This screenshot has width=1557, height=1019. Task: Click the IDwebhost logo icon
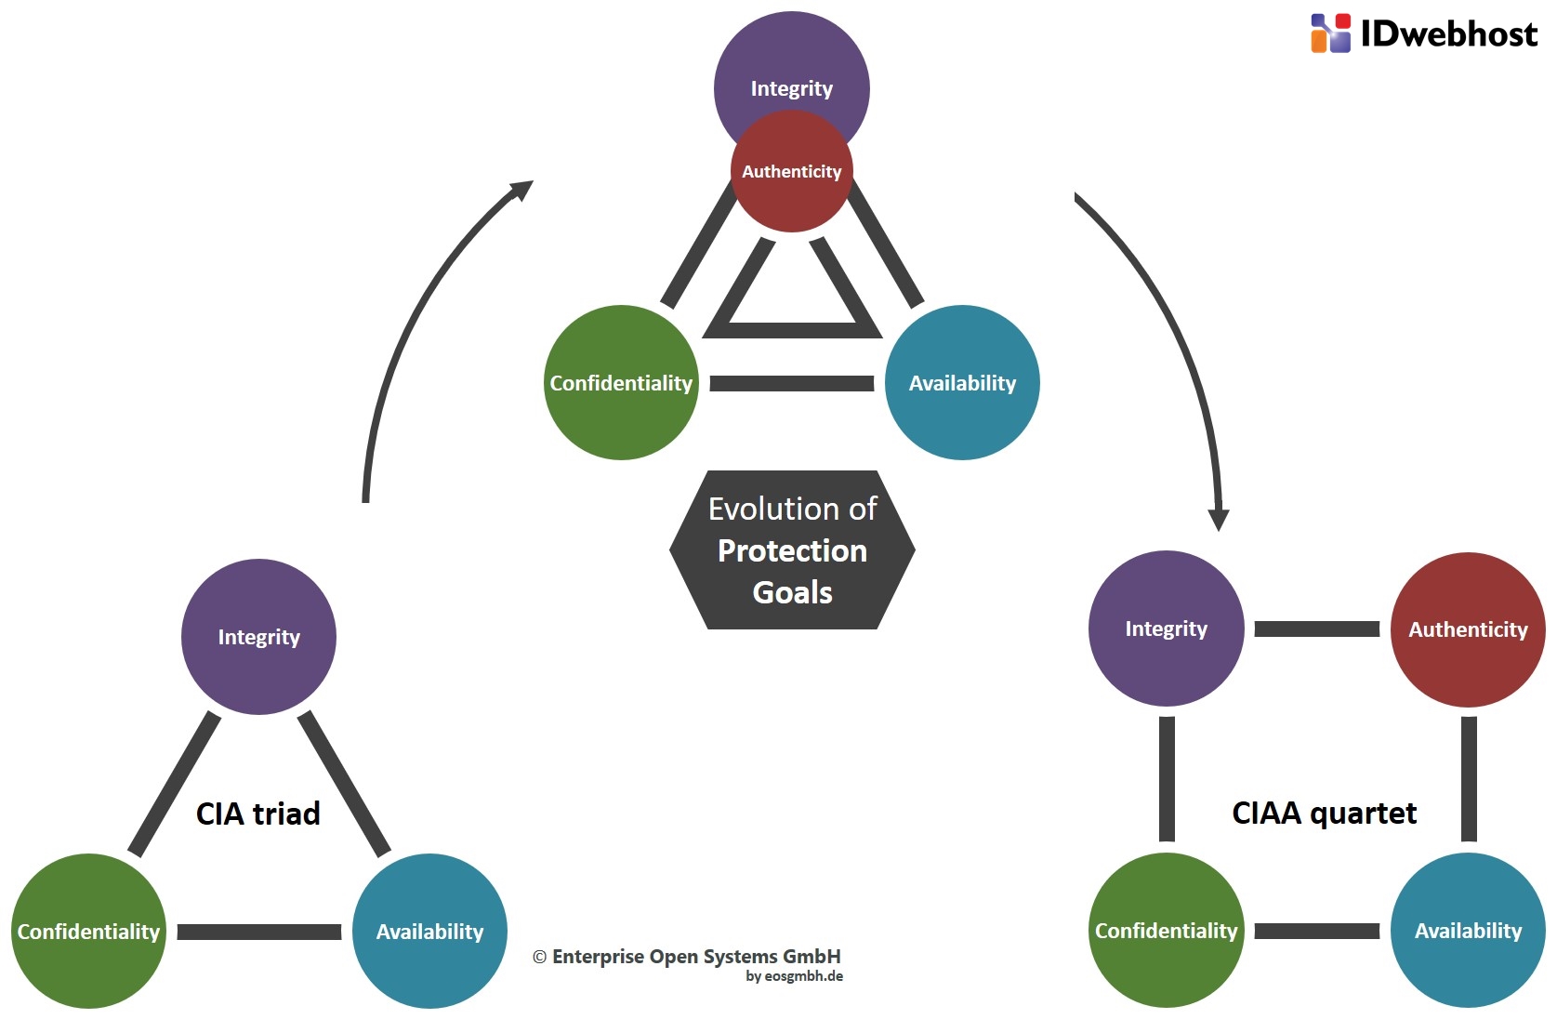[1330, 33]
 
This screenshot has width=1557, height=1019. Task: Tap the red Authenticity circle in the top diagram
[792, 171]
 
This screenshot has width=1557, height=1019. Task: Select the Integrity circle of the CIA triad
[258, 637]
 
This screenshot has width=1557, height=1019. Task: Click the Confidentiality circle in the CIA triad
[88, 932]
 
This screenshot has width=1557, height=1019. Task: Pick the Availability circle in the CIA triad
[429, 932]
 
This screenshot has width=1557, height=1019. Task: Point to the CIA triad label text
[257, 814]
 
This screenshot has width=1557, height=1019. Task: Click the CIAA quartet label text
[1324, 814]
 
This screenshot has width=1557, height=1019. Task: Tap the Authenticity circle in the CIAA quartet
[1468, 629]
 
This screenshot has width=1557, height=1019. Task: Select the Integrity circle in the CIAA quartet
[1167, 629]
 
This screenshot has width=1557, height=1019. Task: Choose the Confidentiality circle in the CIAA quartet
[1167, 931]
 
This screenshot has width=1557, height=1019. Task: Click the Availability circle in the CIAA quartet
[1468, 931]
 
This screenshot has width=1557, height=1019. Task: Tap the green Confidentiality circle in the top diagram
[621, 383]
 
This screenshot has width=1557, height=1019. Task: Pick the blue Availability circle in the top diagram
[962, 383]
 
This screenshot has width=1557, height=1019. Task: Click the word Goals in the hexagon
[792, 593]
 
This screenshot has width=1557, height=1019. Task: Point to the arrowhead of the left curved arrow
[522, 190]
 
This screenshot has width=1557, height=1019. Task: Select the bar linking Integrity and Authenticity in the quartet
[1317, 629]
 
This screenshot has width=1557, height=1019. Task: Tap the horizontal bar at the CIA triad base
[259, 933]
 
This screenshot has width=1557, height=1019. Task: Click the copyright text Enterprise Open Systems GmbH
[687, 957]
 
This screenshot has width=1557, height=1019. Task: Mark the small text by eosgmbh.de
[795, 976]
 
